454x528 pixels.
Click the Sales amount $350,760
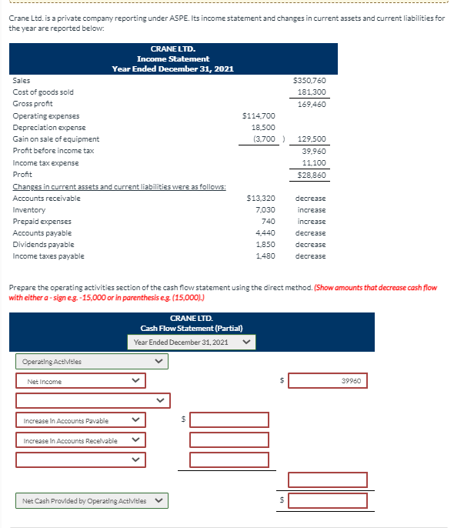pyautogui.click(x=310, y=80)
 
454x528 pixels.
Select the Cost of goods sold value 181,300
pyautogui.click(x=312, y=92)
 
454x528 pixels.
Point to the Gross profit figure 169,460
pyautogui.click(x=312, y=103)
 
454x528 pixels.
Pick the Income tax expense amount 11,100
pyautogui.click(x=313, y=162)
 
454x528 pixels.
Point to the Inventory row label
pyautogui.click(x=29, y=210)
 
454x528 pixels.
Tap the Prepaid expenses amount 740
pyautogui.click(x=268, y=221)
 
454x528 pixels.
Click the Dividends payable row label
pyautogui.click(x=38, y=245)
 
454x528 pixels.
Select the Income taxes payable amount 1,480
pyautogui.click(x=265, y=256)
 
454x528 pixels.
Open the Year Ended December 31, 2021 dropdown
pyautogui.click(x=192, y=342)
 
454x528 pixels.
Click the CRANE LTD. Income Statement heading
pyautogui.click(x=172, y=58)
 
